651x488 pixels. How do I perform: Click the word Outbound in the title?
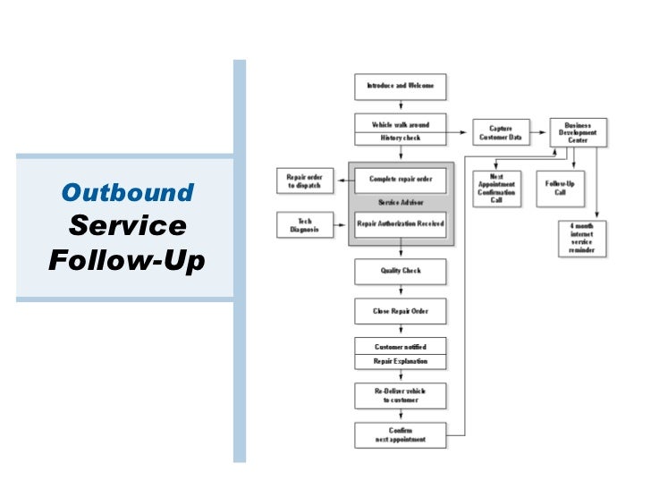pos(127,192)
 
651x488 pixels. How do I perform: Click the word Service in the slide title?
pos(127,226)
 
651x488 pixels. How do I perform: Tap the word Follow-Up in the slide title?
pos(127,261)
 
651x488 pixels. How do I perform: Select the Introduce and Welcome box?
pos(401,86)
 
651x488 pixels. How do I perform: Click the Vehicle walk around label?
pos(401,124)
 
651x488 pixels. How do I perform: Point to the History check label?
pos(401,139)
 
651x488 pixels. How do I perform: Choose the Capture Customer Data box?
pos(501,133)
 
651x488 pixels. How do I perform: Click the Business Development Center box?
pos(579,133)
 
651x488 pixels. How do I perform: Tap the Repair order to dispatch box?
pos(304,181)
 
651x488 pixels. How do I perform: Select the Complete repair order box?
pos(401,179)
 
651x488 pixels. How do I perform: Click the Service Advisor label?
pos(401,202)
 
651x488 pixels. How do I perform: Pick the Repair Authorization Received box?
pos(401,223)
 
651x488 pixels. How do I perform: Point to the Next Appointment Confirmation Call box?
pos(496,189)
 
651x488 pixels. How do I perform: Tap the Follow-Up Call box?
pos(560,188)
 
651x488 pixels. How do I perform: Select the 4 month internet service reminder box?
pos(582,239)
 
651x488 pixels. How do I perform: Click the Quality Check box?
pos(401,271)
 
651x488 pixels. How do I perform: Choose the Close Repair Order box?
pos(401,311)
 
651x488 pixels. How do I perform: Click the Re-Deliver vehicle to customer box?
pos(401,395)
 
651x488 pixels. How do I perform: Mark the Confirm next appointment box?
pos(401,435)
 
